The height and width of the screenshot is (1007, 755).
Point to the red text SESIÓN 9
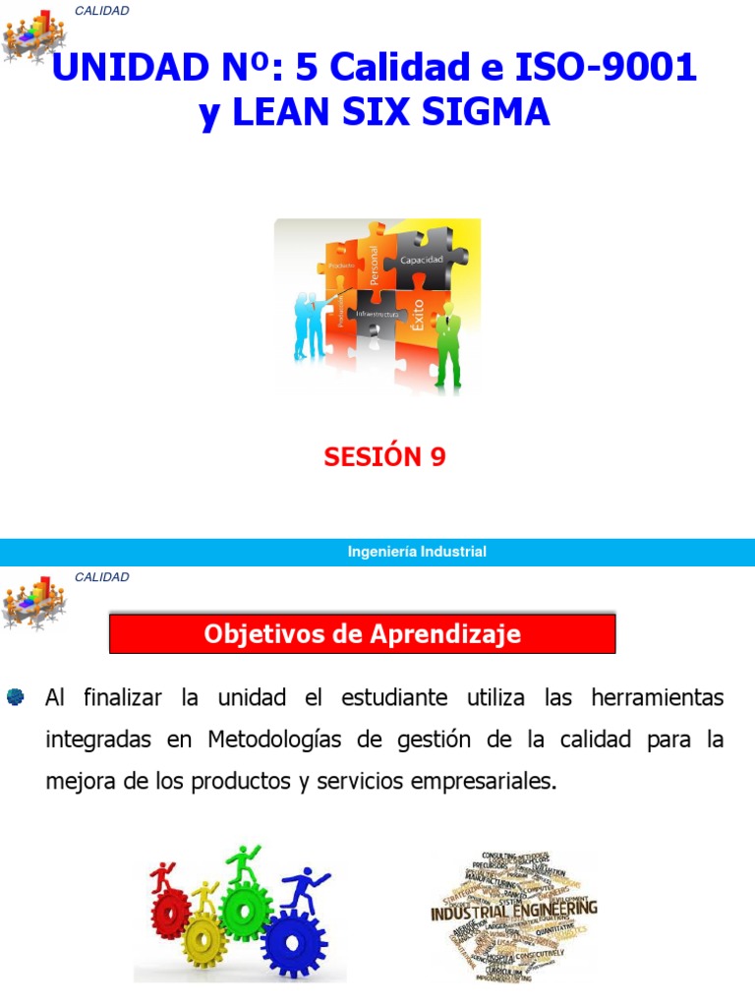pyautogui.click(x=385, y=457)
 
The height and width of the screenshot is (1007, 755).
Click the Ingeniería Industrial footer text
pyautogui.click(x=417, y=552)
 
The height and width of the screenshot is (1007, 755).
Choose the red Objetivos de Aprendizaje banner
pyautogui.click(x=362, y=634)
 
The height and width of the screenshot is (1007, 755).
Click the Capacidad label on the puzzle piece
pyautogui.click(x=421, y=260)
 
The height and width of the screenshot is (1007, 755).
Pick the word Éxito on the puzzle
pyautogui.click(x=419, y=316)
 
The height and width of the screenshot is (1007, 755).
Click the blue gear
pyautogui.click(x=293, y=944)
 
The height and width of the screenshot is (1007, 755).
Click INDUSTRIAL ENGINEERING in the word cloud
pyautogui.click(x=513, y=912)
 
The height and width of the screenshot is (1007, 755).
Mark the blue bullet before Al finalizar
pyautogui.click(x=15, y=698)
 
